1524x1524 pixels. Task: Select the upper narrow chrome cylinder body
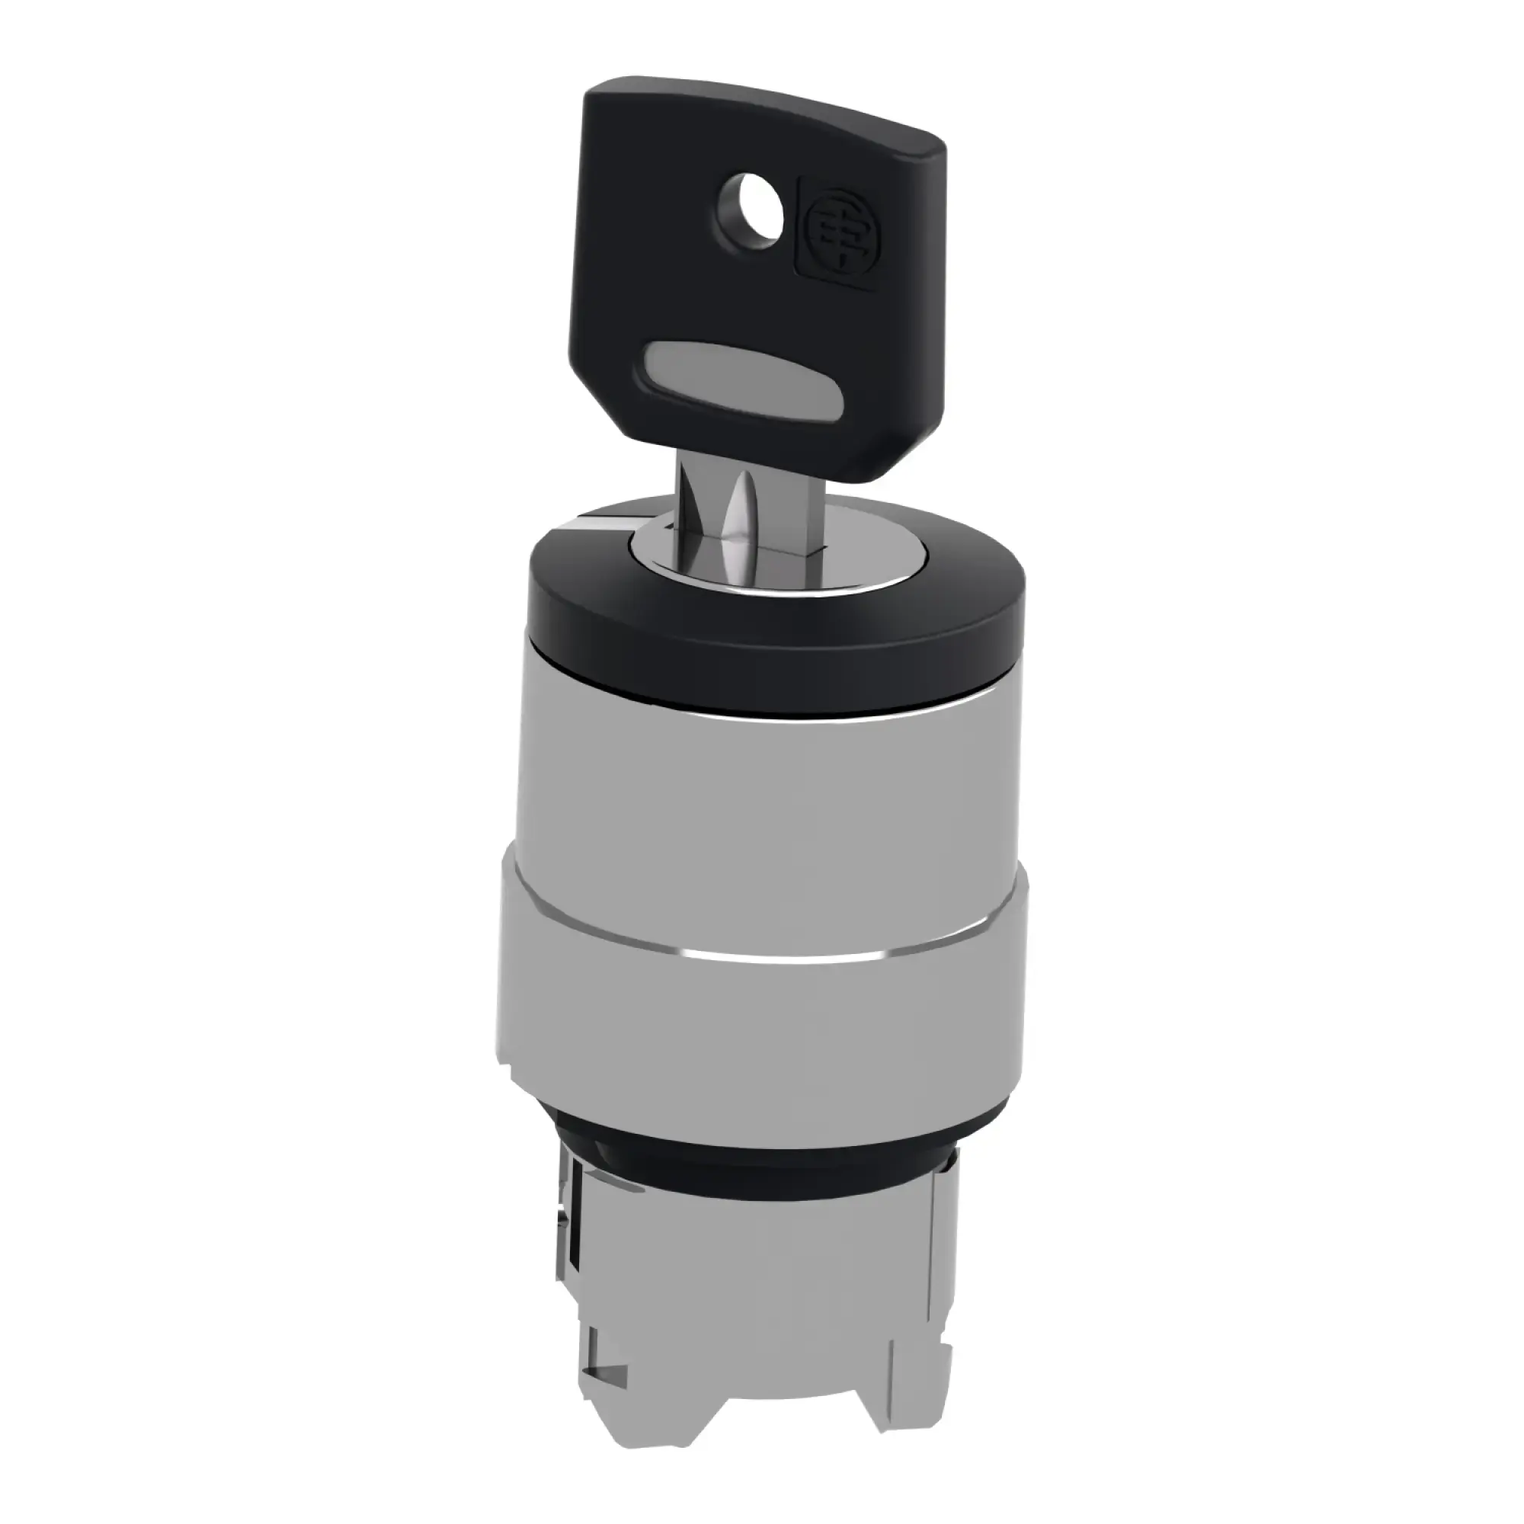[757, 781]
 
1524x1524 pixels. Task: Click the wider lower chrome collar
[757, 1017]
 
